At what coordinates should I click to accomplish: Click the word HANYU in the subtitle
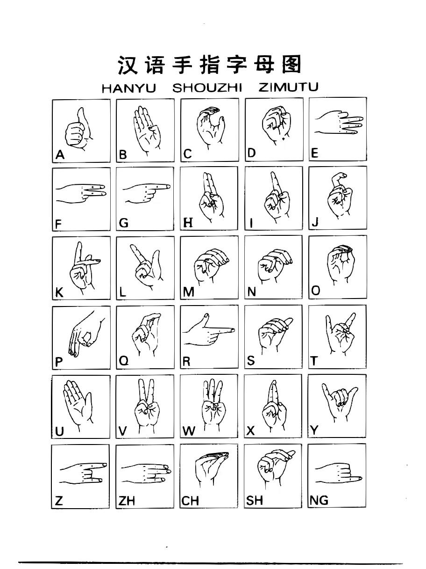pyautogui.click(x=129, y=88)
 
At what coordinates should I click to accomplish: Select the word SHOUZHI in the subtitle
pyautogui.click(x=207, y=88)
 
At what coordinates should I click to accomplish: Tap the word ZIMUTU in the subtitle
pyautogui.click(x=288, y=87)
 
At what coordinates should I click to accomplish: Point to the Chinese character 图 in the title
pyautogui.click(x=291, y=64)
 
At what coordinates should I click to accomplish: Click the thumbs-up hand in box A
pyautogui.click(x=78, y=129)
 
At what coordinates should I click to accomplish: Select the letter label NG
pyautogui.click(x=319, y=500)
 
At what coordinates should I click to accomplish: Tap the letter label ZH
pyautogui.click(x=127, y=501)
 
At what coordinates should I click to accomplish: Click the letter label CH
pyautogui.click(x=190, y=501)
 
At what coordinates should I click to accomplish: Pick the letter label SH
pyautogui.click(x=254, y=500)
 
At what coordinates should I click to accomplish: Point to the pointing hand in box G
pyautogui.click(x=146, y=193)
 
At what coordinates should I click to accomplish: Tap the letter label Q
pyautogui.click(x=124, y=361)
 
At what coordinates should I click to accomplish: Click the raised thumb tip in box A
pyautogui.click(x=81, y=110)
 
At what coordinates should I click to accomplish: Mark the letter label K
pyautogui.click(x=59, y=292)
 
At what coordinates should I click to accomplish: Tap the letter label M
pyautogui.click(x=189, y=292)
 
